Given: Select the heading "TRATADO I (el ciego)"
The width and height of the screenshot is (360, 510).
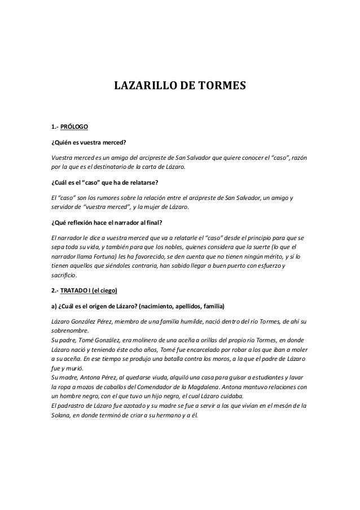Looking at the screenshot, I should (x=89, y=291).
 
